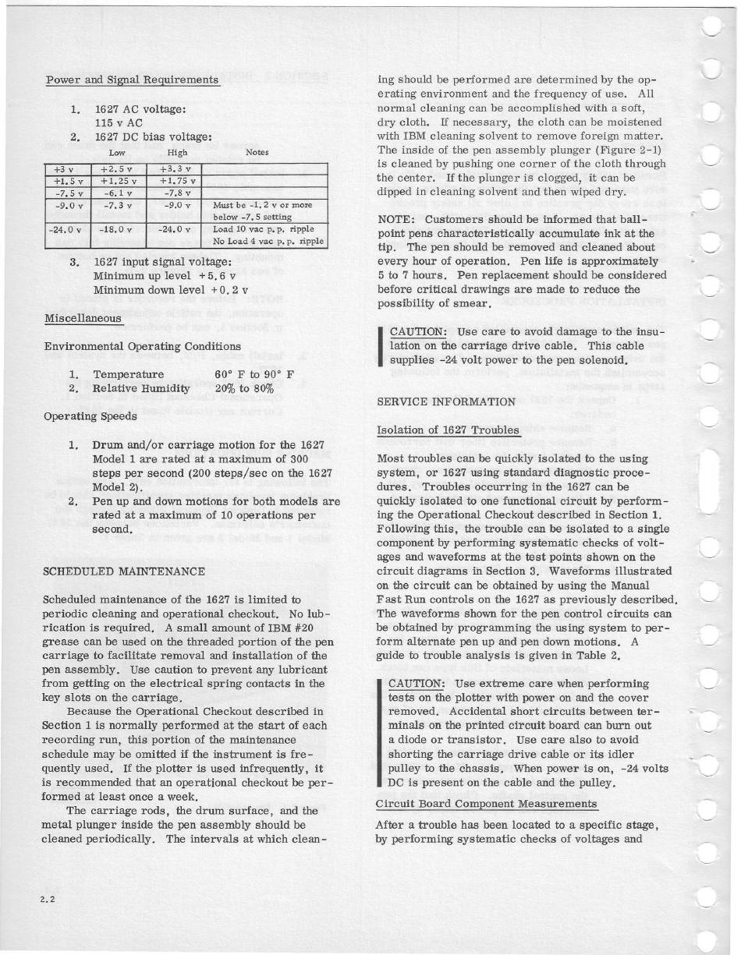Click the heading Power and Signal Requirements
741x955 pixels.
(x=132, y=80)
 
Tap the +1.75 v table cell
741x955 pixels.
(x=175, y=181)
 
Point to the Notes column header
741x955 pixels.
(x=257, y=153)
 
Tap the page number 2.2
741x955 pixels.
(x=52, y=898)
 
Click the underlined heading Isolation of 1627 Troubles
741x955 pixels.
(x=448, y=430)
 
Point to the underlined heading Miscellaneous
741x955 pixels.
(x=83, y=317)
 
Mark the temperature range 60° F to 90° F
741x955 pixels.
(x=247, y=374)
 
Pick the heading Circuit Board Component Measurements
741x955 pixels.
(x=486, y=804)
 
